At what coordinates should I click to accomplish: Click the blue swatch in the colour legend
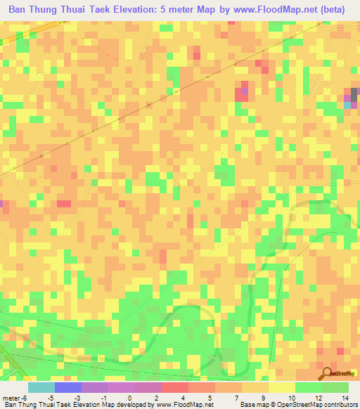point(67,387)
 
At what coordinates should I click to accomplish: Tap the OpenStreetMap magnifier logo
point(328,372)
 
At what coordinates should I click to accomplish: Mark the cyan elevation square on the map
point(347,104)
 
